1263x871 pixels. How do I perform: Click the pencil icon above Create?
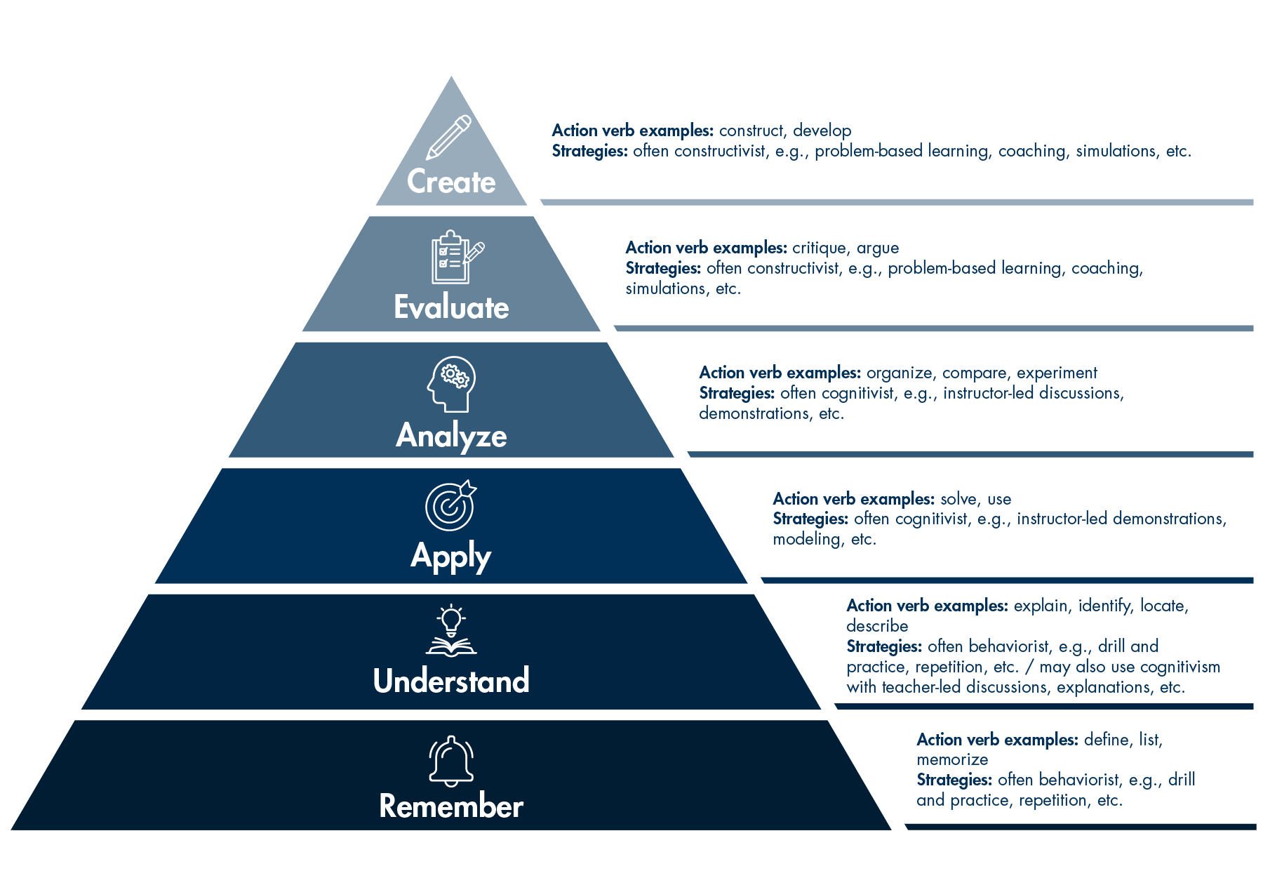pos(449,137)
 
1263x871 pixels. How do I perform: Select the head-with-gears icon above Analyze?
pos(451,383)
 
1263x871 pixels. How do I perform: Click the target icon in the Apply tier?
pos(450,505)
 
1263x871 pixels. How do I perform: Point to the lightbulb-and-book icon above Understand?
pos(451,630)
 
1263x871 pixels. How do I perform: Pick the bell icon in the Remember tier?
pos(451,761)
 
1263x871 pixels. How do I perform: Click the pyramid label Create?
pos(451,182)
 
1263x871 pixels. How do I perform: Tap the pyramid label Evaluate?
pos(451,307)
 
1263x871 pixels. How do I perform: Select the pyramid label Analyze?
pos(451,435)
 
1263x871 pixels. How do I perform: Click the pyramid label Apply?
pos(451,557)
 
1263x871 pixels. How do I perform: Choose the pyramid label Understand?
pos(451,681)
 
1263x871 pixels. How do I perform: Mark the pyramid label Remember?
pos(451,806)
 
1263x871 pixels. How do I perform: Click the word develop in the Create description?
pos(822,131)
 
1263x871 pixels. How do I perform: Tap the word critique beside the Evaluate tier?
pos(820,248)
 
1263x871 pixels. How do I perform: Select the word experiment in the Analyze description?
pos(1057,373)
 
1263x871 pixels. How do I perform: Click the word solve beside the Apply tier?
pos(959,499)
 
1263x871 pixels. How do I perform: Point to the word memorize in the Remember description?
pos(952,759)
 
